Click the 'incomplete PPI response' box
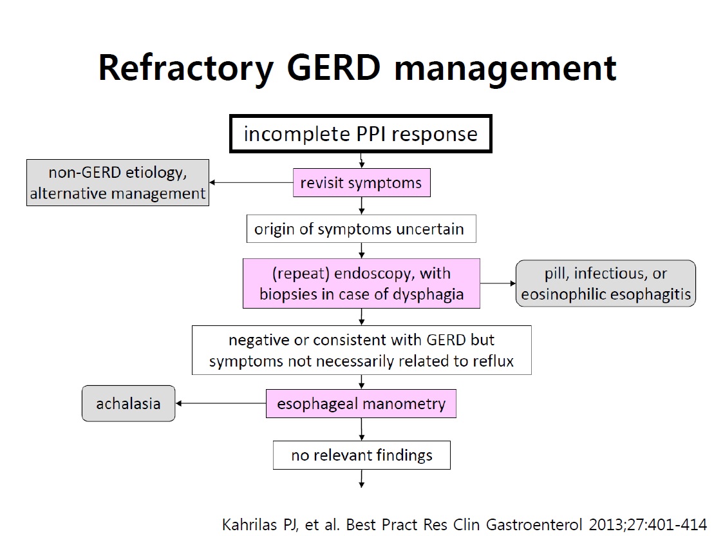[x=361, y=133]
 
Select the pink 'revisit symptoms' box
[x=362, y=183]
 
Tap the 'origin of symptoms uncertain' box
[x=361, y=229]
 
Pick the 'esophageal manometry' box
[x=361, y=404]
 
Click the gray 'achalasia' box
[x=128, y=403]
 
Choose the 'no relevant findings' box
[x=362, y=455]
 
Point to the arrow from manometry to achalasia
[x=221, y=403]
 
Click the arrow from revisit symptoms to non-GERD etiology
[x=251, y=183]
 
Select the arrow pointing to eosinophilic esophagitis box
[x=498, y=283]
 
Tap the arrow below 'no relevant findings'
[x=362, y=479]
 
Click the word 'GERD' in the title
[x=334, y=68]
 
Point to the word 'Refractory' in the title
[x=186, y=68]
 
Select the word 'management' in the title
[x=505, y=68]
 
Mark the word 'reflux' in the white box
[x=493, y=361]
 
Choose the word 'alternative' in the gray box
[x=68, y=194]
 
